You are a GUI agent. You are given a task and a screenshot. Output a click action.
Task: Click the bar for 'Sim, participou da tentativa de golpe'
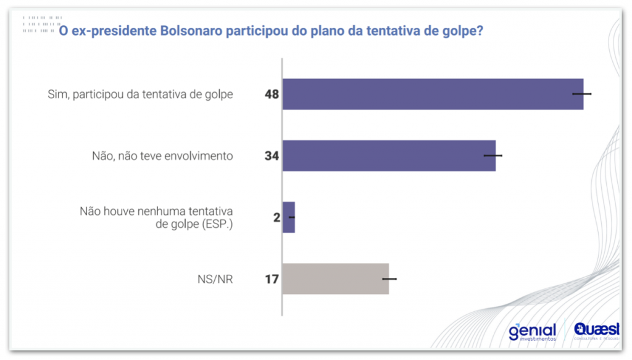(432, 94)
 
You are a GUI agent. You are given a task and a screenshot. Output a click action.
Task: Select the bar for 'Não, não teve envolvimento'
(389, 156)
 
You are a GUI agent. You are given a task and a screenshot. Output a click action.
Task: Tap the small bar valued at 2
(288, 217)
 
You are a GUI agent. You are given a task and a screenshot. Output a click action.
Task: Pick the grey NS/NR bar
(335, 279)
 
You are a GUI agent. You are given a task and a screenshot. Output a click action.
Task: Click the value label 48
(272, 94)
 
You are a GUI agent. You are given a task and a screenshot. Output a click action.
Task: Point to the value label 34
(272, 156)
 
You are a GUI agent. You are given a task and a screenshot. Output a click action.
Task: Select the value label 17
(272, 280)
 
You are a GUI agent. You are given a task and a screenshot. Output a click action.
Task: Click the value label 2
(276, 218)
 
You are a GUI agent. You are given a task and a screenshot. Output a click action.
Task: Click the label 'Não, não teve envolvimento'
(162, 156)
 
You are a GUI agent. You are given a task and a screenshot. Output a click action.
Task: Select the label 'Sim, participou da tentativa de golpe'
(140, 94)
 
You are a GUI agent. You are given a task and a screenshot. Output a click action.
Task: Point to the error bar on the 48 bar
(582, 94)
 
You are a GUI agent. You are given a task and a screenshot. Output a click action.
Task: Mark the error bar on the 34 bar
(493, 156)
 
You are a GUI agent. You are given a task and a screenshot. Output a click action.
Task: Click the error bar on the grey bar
(389, 279)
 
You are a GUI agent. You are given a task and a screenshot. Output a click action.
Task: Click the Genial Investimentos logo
(533, 332)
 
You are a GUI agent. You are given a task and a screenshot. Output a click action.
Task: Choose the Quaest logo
(594, 332)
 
